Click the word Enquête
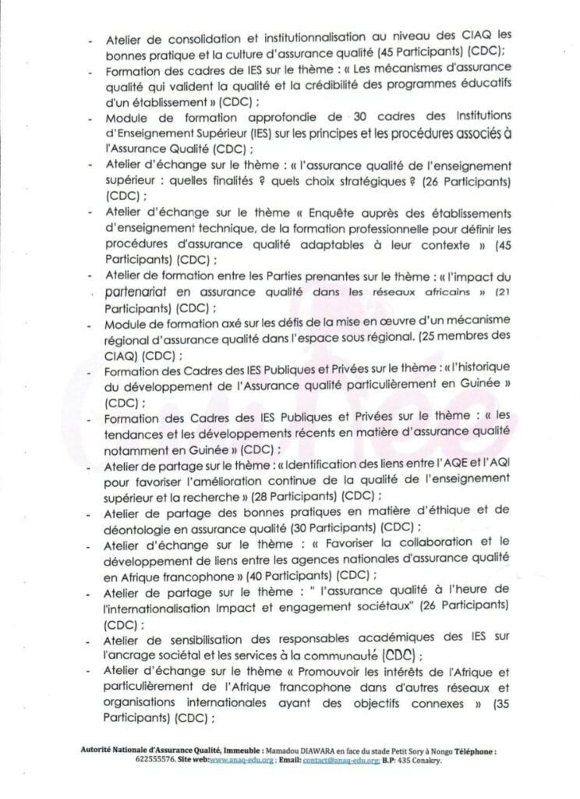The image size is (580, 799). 313,213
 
